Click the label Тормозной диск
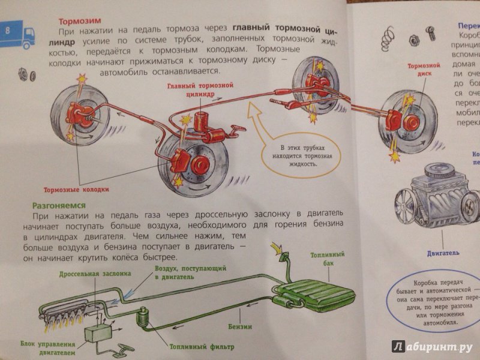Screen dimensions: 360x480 [420, 71]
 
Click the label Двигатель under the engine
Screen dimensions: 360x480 [430, 245]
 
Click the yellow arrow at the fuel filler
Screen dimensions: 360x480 [277, 247]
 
